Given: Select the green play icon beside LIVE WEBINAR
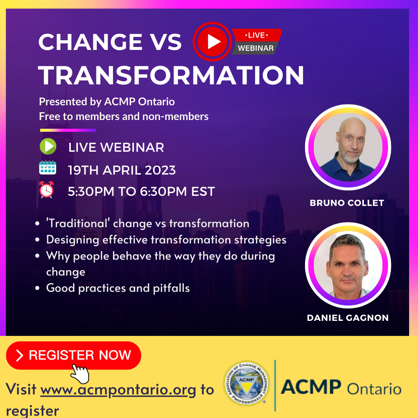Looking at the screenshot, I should click(x=48, y=146).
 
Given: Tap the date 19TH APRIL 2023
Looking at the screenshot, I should click(x=122, y=170).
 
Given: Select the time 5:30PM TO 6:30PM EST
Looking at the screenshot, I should click(x=141, y=192).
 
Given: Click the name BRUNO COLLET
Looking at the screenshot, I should click(x=347, y=203).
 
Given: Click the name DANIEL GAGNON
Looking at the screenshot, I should click(x=348, y=318).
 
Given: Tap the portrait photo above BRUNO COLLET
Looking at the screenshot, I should click(x=348, y=147).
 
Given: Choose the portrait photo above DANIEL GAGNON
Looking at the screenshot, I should click(x=348, y=265).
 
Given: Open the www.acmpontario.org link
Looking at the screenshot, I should click(x=118, y=389).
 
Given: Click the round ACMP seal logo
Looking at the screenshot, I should click(x=246, y=383).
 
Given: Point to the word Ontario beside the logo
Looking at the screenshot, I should click(x=374, y=388).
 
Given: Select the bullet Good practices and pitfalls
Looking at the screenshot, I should click(x=118, y=288).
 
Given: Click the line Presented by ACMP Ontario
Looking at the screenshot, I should click(x=107, y=102).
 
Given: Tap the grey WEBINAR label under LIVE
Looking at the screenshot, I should click(x=255, y=48).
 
